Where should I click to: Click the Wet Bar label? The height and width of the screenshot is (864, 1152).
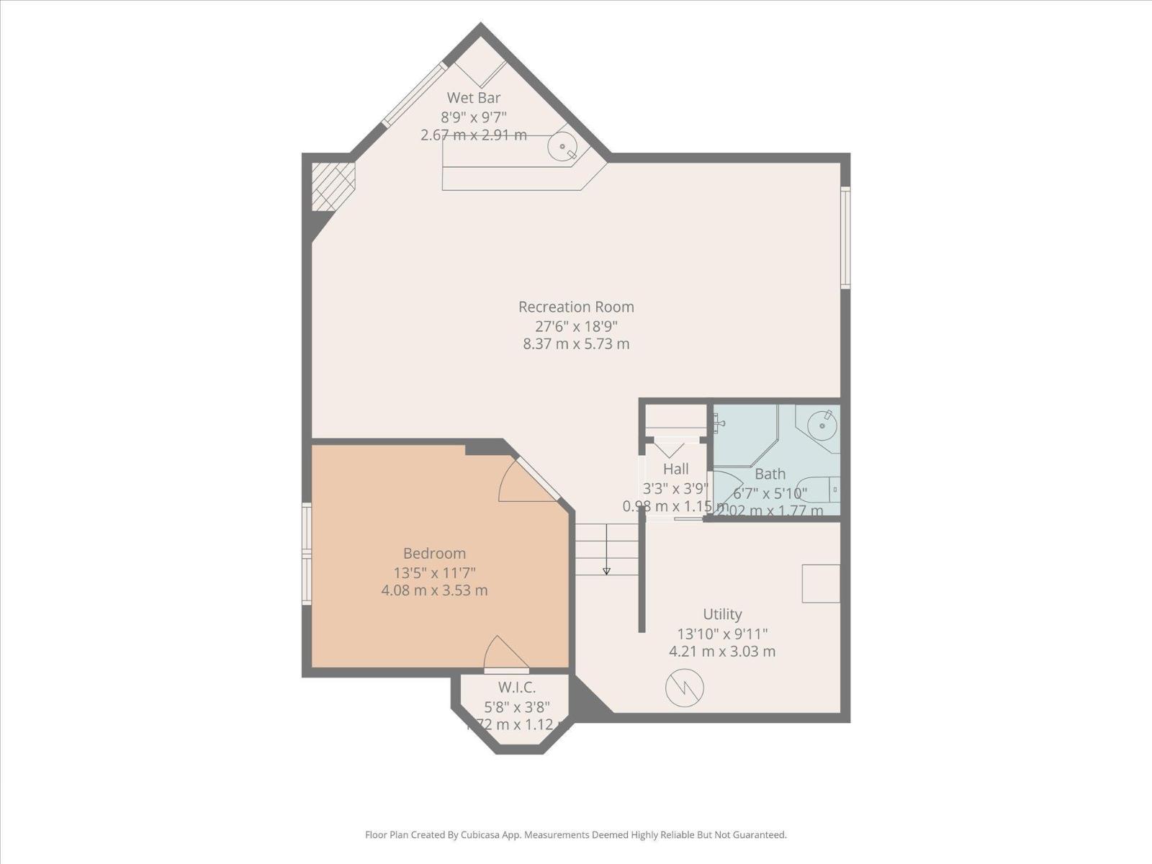point(473,98)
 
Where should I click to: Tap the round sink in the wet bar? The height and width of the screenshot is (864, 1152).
point(562,147)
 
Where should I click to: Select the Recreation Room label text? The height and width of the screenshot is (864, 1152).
point(576,307)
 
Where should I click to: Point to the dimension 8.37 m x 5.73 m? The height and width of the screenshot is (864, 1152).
point(576,344)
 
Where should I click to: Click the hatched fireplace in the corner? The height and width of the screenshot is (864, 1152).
point(333,186)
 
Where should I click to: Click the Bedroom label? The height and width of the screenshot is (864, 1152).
point(434,554)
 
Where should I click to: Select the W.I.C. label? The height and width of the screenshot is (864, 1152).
point(517,688)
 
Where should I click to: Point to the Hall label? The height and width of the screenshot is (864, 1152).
point(676,469)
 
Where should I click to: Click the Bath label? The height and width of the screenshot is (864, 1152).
point(770,474)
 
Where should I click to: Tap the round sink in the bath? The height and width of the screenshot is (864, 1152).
point(822,426)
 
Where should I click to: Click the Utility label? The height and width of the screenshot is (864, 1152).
point(722,614)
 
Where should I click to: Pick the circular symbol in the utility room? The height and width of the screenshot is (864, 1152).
point(684,688)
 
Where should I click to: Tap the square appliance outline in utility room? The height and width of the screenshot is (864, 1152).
point(821,583)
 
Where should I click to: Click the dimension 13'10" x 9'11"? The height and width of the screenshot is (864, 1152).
point(722,634)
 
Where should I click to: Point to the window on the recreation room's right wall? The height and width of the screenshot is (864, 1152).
point(846,238)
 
